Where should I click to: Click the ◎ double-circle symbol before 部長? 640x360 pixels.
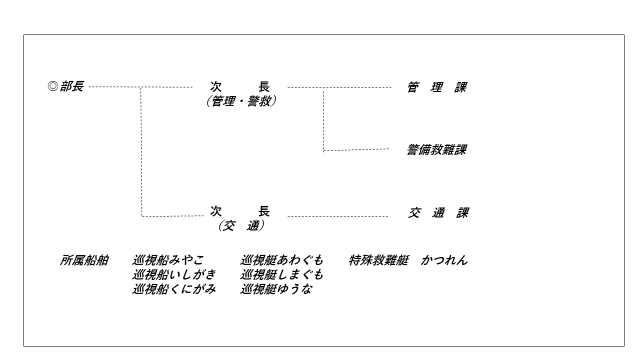coord(53,86)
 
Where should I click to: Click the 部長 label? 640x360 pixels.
coord(71,86)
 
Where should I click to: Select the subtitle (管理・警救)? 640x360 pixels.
coord(241,101)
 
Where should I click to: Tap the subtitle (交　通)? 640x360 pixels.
coord(241,225)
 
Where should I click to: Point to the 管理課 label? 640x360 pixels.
coord(437,87)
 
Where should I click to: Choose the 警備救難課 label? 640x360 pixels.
coord(437,149)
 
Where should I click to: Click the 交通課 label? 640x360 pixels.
coord(438,213)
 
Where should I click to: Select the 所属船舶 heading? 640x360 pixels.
coord(84,260)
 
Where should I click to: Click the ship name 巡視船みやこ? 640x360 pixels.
coord(168,260)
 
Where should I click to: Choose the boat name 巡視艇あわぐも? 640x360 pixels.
coord(281,260)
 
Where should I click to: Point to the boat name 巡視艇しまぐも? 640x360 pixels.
coord(281,274)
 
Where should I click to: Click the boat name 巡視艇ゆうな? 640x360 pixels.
coord(276,289)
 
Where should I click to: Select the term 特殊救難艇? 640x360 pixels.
coord(378,260)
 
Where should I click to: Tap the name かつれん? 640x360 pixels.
coord(444,260)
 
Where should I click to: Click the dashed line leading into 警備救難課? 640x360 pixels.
coord(356,149)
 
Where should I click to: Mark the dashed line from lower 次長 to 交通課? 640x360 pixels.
coord(338,216)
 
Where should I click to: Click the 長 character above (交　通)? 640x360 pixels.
coord(264,211)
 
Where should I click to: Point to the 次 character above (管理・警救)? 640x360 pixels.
coord(216,86)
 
